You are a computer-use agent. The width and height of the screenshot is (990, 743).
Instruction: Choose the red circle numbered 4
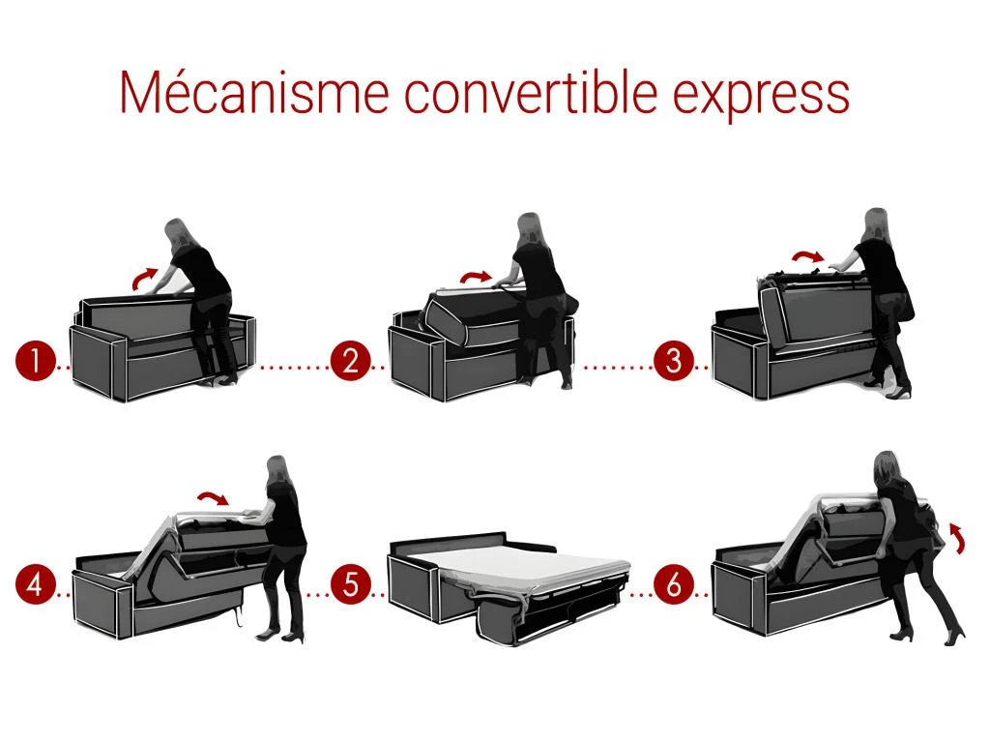click(x=35, y=585)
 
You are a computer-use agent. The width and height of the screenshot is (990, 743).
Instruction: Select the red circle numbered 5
click(x=350, y=585)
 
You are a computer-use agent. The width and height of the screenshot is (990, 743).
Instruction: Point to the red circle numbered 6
click(x=673, y=585)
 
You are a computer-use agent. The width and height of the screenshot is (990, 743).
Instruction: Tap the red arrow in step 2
click(x=475, y=277)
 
